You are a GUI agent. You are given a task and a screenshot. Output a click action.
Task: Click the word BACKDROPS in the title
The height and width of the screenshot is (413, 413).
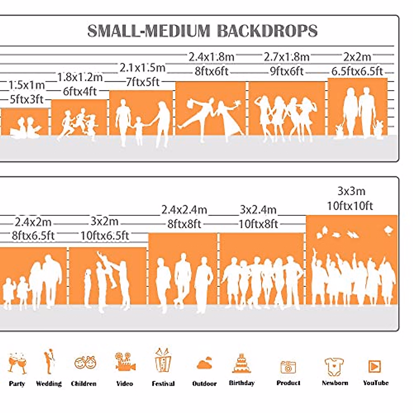coord(267,31)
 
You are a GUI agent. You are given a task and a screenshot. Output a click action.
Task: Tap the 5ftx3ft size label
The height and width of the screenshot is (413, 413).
coord(27,100)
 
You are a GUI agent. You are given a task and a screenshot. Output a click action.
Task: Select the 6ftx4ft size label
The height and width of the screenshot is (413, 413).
coord(80,92)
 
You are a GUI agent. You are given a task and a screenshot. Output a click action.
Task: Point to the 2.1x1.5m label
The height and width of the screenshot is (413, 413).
coord(142,68)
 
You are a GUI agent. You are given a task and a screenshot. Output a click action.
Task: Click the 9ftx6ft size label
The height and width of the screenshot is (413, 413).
coord(287,72)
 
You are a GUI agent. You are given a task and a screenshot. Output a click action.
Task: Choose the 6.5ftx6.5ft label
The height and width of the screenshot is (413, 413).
coord(357,72)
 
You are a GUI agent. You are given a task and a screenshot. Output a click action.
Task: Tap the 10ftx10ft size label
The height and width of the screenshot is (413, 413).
coord(350,206)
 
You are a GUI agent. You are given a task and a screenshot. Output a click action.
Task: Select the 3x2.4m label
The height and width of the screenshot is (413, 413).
coord(258,210)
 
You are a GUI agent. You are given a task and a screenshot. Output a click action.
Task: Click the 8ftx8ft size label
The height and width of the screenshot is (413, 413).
coord(184,224)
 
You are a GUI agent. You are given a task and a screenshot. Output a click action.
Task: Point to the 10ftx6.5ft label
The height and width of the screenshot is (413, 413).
coord(105,236)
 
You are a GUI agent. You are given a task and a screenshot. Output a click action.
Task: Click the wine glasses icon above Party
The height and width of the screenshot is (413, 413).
coord(17,363)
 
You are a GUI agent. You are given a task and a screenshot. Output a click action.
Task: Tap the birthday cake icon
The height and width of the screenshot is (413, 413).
coord(241,363)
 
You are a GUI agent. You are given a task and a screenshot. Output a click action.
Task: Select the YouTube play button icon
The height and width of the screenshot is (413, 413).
coord(374,367)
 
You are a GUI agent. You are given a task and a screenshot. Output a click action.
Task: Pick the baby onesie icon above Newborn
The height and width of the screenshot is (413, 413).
coord(334,367)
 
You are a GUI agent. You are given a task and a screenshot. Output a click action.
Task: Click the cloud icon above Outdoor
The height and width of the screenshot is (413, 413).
coord(204,363)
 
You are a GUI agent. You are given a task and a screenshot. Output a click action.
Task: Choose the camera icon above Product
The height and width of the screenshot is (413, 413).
coord(288,367)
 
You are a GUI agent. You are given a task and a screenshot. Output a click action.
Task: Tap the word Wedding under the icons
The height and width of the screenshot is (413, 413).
coord(49,384)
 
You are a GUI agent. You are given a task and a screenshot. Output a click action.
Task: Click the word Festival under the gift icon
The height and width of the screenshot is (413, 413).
coord(163,384)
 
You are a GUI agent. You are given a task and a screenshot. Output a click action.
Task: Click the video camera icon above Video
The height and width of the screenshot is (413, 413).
coord(125,362)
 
